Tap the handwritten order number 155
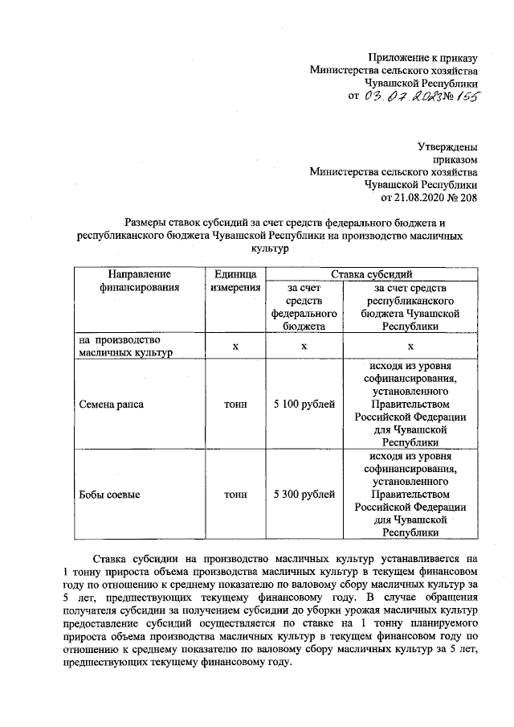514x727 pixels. [x=463, y=97]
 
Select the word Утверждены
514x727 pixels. [x=447, y=147]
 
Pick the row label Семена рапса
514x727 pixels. [x=112, y=404]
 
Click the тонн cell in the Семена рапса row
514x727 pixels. [x=235, y=404]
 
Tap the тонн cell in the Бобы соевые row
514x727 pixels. [x=235, y=495]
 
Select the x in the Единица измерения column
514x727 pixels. [x=235, y=346]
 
